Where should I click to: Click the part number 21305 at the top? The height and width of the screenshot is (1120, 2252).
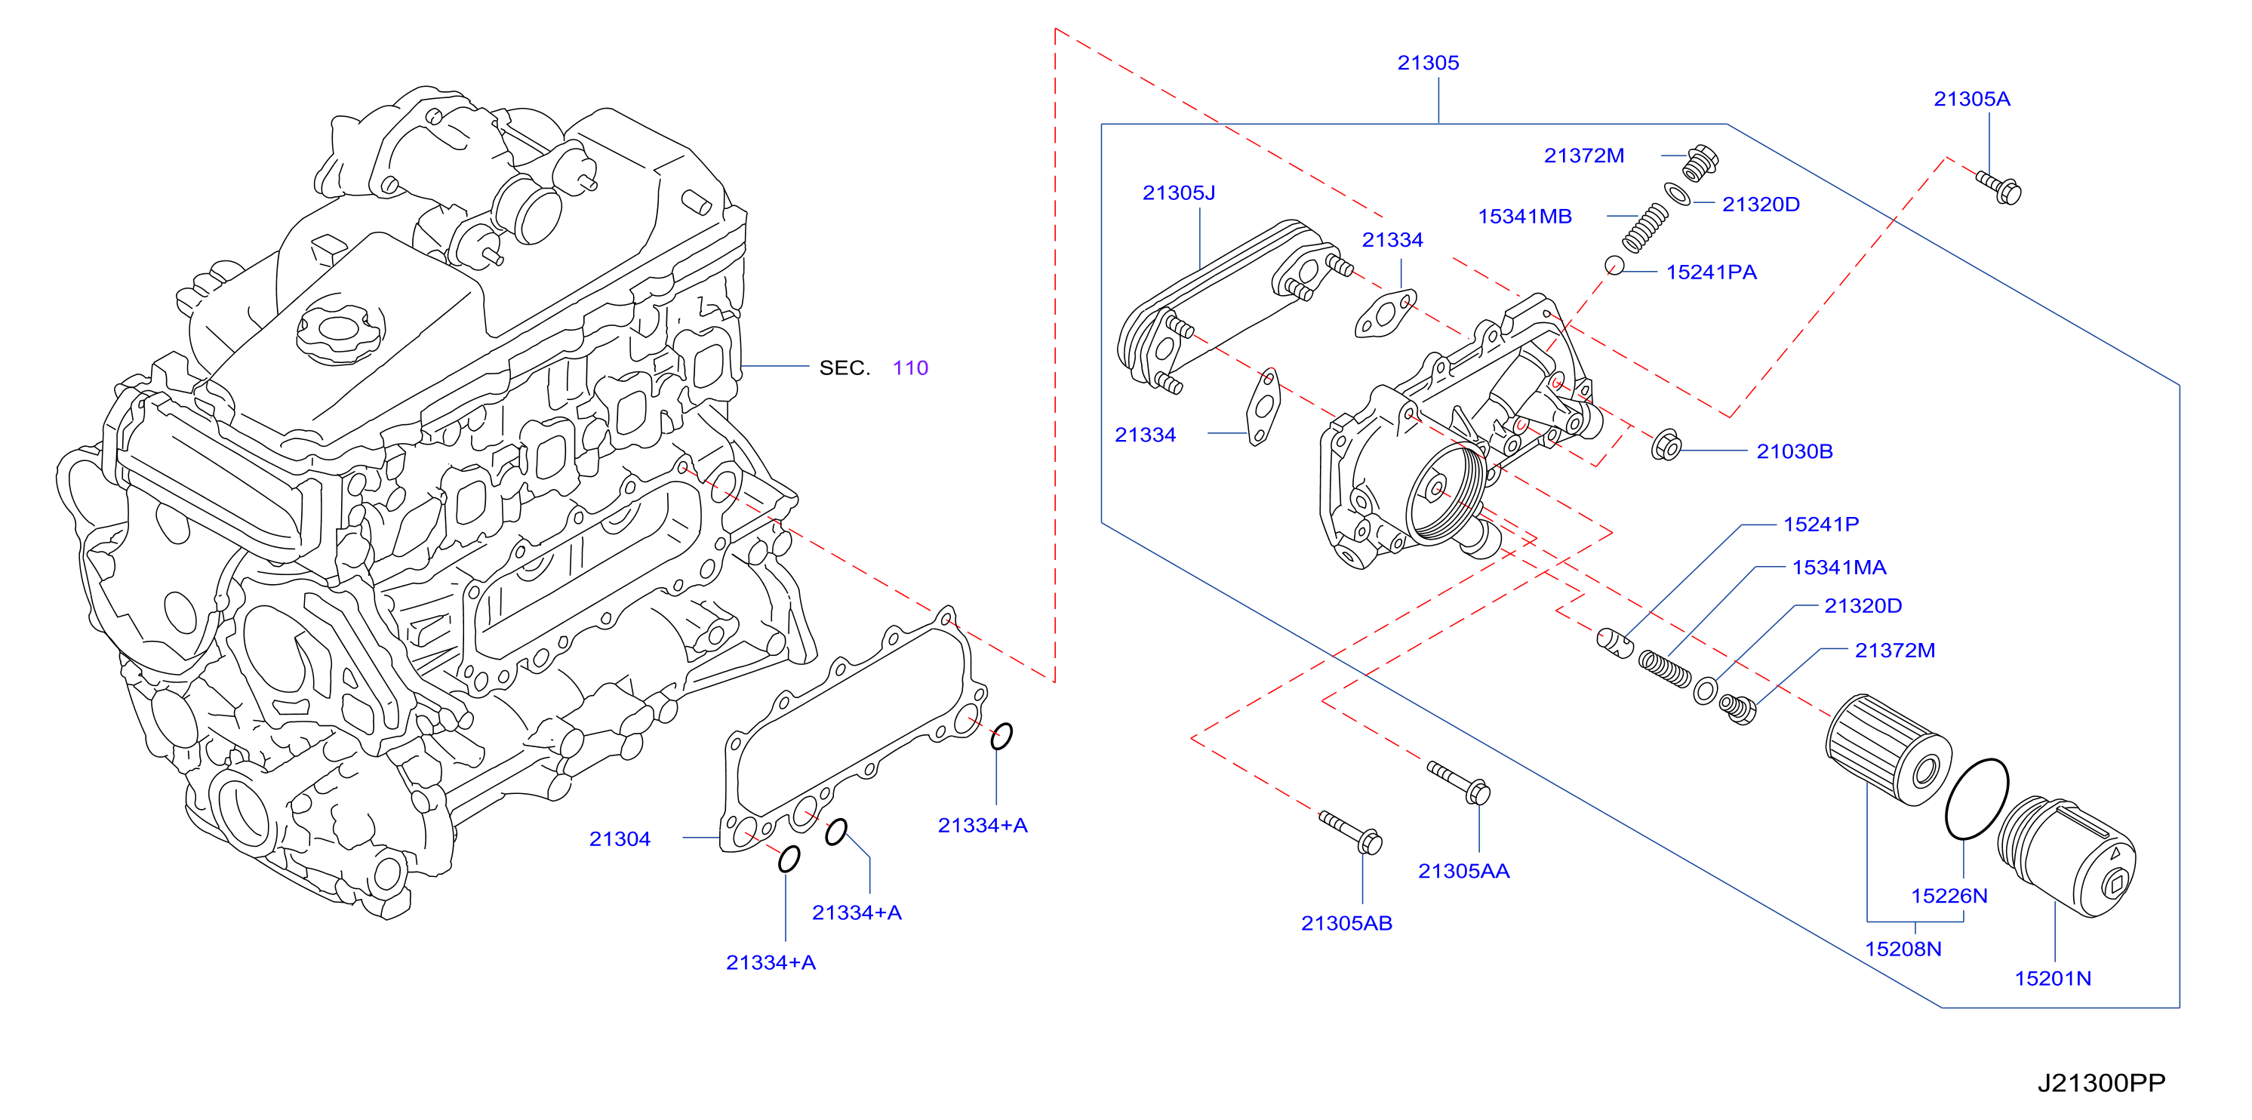(x=1428, y=63)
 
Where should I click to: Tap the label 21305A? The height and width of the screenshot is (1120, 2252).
(x=1971, y=99)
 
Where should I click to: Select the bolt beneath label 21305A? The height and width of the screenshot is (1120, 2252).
(x=1998, y=187)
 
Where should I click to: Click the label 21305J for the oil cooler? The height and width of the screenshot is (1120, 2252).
(x=1179, y=192)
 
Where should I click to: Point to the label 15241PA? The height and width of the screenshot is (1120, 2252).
(x=1711, y=272)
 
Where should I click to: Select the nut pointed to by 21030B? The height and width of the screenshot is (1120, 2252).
(x=1666, y=446)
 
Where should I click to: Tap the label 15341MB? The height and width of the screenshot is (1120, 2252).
(x=1524, y=216)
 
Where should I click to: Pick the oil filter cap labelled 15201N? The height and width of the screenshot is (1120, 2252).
(x=2066, y=857)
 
